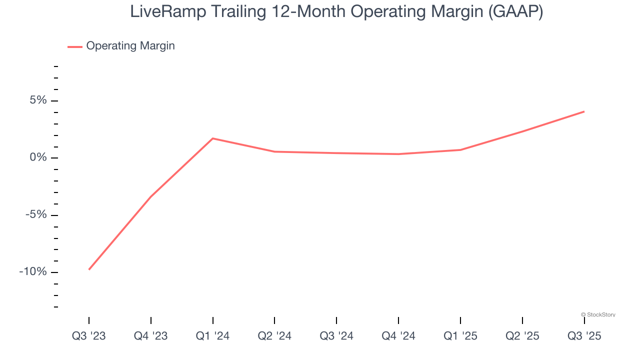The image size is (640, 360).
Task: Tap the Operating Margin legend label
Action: click(130, 46)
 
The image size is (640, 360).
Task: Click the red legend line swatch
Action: click(75, 46)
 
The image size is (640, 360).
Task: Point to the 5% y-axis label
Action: click(38, 100)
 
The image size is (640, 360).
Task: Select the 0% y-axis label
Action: click(38, 158)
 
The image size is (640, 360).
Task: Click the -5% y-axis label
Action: click(35, 215)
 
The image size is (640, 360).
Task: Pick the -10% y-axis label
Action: click(33, 272)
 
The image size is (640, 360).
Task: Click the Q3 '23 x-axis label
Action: click(89, 336)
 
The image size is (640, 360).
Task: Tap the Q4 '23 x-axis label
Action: click(151, 336)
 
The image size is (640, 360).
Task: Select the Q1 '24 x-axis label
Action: click(213, 336)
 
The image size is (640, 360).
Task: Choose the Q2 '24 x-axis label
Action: click(274, 336)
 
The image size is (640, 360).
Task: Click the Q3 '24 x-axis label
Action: click(336, 336)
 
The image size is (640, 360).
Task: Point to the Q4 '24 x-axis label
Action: click(398, 336)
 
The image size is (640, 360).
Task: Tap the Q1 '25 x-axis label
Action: click(460, 336)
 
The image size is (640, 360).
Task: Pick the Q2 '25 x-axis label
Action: click(522, 336)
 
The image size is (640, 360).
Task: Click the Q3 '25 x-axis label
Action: click(584, 336)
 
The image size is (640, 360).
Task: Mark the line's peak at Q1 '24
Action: click(213, 138)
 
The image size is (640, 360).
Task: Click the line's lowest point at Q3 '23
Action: click(89, 269)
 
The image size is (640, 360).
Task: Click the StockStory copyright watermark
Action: click(598, 315)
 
